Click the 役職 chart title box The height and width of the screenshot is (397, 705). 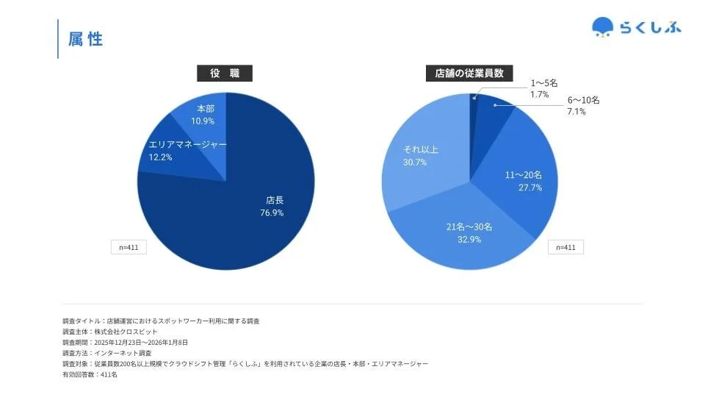pos(225,74)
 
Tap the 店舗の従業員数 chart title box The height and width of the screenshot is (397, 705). pos(469,74)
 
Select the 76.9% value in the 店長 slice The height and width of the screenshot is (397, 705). pos(272,213)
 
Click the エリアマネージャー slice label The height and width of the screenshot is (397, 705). pos(188,145)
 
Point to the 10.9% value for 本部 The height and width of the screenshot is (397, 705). pos(203,121)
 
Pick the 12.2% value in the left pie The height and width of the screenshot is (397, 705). pos(160,158)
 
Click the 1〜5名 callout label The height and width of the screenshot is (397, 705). pos(544,84)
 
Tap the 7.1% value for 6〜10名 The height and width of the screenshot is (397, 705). pos(576,112)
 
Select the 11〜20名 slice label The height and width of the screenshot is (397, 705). pos(524,175)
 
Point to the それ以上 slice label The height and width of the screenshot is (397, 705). pos(421,150)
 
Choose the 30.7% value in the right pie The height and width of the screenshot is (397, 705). pos(415,162)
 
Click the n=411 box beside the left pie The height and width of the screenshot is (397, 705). pos(129,247)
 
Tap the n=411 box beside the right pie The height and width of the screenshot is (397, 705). pos(565,247)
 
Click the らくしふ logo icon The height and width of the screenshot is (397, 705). pos(602,26)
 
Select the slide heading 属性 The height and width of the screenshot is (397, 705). pos(86,40)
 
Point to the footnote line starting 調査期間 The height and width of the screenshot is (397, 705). pos(126,343)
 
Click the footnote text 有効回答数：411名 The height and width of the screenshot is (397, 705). pos(90,374)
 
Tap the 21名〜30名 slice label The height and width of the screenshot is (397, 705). pos(469,226)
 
